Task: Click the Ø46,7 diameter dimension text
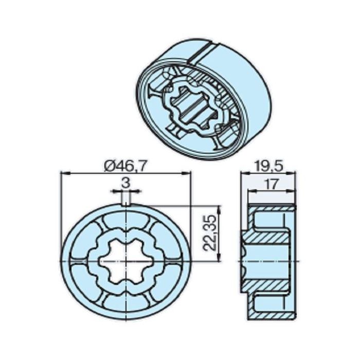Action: (x=125, y=166)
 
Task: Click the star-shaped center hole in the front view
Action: (x=125, y=261)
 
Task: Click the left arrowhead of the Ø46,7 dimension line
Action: (x=63, y=173)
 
